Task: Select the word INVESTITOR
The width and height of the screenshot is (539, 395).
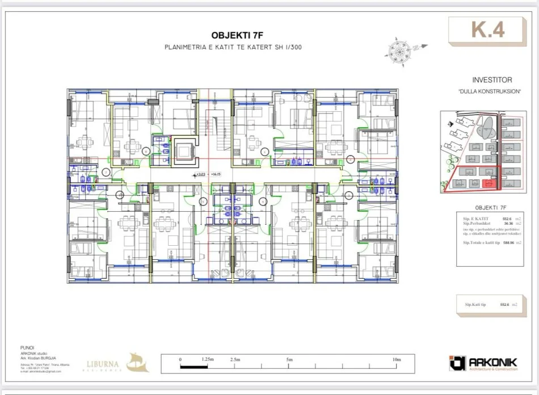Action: click(x=492, y=81)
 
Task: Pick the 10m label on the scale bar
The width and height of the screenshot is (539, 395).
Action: click(x=397, y=360)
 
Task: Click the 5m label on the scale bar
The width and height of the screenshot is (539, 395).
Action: click(x=289, y=360)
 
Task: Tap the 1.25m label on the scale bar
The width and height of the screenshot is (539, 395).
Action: click(x=208, y=360)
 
